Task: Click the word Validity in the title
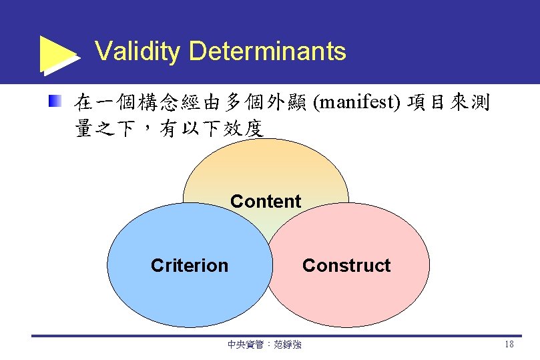tap(138, 51)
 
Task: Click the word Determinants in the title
tap(268, 51)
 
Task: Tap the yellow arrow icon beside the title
tap(59, 53)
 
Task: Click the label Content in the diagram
tap(266, 201)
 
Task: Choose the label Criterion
tap(190, 266)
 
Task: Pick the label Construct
tap(346, 266)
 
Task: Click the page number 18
tap(509, 345)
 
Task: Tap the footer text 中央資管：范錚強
tap(264, 345)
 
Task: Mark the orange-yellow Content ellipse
tap(266, 167)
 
